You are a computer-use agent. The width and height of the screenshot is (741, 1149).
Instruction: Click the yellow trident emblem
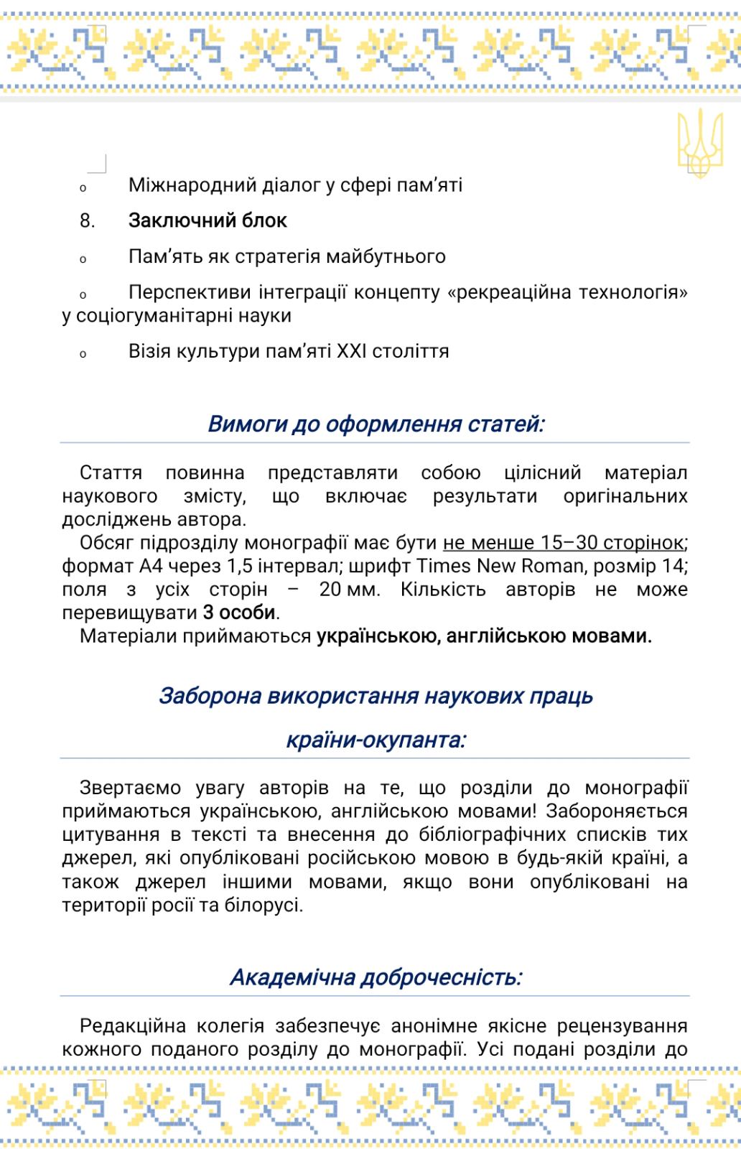(693, 144)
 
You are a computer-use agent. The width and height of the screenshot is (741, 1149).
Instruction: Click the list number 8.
(87, 221)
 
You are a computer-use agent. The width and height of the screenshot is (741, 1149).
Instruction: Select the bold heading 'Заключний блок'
(208, 220)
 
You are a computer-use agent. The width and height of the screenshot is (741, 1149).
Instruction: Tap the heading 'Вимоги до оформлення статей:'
(376, 424)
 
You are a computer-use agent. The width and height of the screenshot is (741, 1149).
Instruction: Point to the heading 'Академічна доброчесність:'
(376, 977)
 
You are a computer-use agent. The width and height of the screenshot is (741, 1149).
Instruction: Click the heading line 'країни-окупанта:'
(376, 740)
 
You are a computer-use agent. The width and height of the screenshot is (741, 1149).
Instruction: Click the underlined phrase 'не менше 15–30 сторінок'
(562, 543)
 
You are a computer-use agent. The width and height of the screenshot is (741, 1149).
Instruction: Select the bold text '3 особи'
(240, 613)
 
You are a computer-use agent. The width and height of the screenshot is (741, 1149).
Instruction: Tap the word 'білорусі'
(268, 905)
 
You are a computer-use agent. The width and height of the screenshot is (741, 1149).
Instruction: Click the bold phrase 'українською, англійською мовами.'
(484, 636)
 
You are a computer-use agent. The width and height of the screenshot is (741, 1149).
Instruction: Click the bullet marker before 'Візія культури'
(83, 354)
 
